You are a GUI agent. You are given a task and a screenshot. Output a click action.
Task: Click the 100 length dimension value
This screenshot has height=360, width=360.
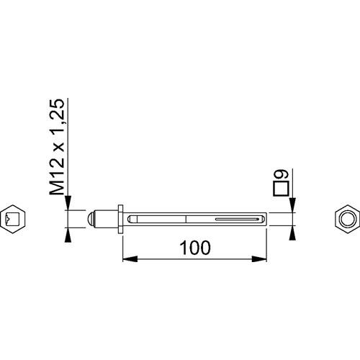pyautogui.click(x=196, y=248)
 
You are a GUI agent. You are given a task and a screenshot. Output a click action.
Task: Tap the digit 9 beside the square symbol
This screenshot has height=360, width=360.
pyautogui.click(x=281, y=174)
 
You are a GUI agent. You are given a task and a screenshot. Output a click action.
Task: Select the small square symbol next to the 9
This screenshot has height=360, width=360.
pyautogui.click(x=281, y=189)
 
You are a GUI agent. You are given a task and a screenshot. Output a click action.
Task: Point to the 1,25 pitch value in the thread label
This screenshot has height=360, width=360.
pyautogui.click(x=57, y=117)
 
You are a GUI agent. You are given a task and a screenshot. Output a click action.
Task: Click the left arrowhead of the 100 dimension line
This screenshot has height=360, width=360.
pyautogui.click(x=130, y=259)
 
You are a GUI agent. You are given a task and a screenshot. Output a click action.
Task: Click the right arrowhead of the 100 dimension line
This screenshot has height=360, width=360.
pyautogui.click(x=259, y=259)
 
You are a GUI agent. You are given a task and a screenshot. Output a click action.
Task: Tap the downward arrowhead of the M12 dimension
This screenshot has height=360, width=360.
pyautogui.click(x=68, y=203)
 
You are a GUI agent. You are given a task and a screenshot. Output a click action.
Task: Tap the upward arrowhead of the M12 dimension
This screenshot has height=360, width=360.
pyautogui.click(x=68, y=235)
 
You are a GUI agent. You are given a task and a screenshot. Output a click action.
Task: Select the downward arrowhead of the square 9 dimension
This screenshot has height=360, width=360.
pyautogui.click(x=292, y=205)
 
